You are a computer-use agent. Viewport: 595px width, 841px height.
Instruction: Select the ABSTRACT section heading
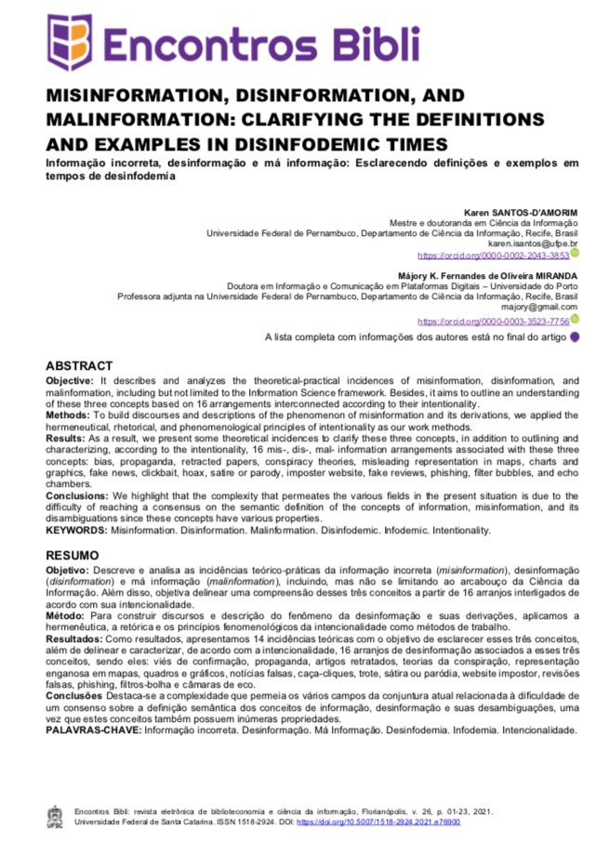[79, 366]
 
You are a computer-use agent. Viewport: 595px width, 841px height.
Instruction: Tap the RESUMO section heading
[73, 555]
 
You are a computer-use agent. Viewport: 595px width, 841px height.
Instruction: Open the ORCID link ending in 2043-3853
[493, 255]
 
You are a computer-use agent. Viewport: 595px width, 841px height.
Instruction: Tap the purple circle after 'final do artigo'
[575, 337]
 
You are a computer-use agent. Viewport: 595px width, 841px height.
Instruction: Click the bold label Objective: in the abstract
[70, 382]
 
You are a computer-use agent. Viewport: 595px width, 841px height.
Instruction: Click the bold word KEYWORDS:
[77, 530]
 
